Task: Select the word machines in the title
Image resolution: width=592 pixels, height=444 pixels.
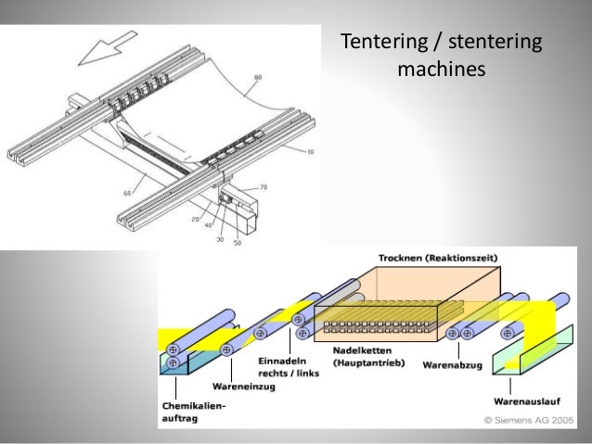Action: click(x=442, y=69)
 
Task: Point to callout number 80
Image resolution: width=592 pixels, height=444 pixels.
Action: click(x=257, y=76)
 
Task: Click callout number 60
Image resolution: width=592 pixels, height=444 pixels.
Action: click(x=128, y=193)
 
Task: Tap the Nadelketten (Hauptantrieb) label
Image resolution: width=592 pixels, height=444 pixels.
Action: click(x=366, y=357)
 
